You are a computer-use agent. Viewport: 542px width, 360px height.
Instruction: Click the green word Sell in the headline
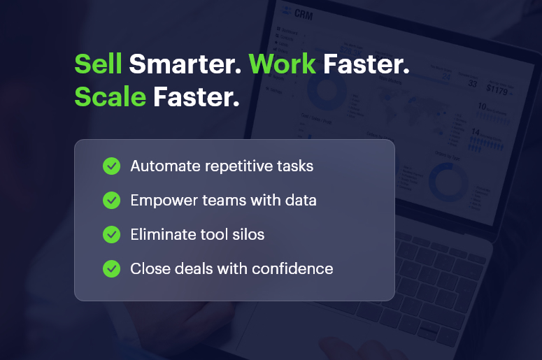coord(99,64)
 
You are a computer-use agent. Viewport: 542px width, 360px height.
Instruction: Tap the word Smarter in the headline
coord(185,64)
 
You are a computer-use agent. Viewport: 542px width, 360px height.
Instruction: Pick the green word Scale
coord(110,97)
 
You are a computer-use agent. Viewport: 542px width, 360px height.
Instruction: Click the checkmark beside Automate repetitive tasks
coord(111,166)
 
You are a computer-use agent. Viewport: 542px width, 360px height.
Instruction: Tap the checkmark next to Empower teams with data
coord(111,200)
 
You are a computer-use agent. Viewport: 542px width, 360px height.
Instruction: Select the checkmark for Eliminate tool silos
coord(111,234)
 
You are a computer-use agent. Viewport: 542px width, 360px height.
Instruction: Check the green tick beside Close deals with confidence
coord(111,268)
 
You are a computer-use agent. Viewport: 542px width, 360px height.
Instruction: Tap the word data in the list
coord(301,201)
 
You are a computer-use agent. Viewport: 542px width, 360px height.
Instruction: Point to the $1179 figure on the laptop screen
coord(498,89)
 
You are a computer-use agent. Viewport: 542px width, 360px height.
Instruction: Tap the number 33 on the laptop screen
coord(473,84)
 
